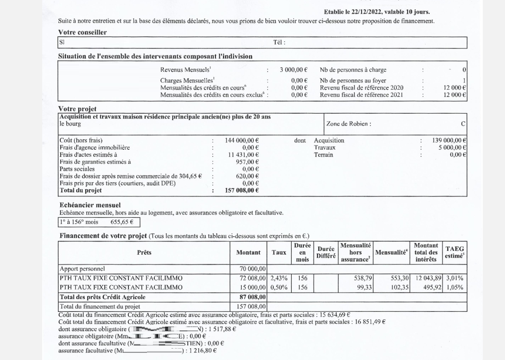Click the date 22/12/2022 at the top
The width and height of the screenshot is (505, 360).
[x=367, y=12]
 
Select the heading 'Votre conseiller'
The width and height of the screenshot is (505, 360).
[x=82, y=32]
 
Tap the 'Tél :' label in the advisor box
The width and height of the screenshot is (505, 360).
[x=279, y=42]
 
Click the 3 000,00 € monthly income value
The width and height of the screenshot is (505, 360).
[x=294, y=70]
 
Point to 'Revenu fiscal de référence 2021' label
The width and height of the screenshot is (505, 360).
[x=361, y=95]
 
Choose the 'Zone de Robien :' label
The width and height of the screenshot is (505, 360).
[x=348, y=124]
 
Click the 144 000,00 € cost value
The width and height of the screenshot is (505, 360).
[x=242, y=140]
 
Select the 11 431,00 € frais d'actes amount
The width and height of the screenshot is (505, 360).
[x=243, y=155]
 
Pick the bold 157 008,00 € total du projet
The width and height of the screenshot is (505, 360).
[x=242, y=190]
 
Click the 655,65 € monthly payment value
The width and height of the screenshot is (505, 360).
[x=122, y=222]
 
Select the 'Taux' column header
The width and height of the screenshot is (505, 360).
[x=279, y=253]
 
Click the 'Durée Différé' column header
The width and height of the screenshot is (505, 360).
[x=326, y=253]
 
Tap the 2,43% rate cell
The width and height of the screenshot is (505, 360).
[x=279, y=278]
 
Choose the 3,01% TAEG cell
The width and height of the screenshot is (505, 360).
[x=455, y=278]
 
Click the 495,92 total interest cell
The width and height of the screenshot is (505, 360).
[x=432, y=287]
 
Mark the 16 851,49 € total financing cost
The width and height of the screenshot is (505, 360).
[x=370, y=322]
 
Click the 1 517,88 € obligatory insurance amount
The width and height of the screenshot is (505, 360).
[x=222, y=329]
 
